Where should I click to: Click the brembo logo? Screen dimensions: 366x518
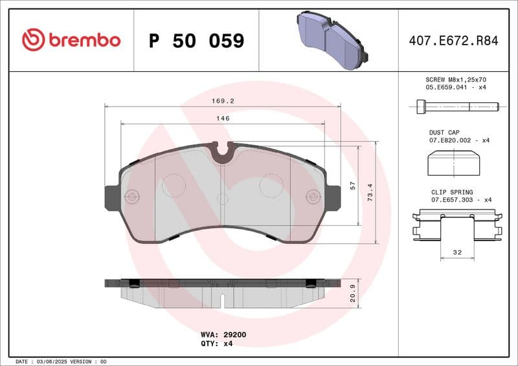(71, 40)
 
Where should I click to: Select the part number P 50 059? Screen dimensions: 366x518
(196, 41)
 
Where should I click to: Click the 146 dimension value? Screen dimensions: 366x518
(223, 118)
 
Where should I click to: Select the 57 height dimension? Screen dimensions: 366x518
(353, 185)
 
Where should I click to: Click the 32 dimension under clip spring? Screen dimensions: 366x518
(458, 253)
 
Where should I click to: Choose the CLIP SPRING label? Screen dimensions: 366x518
(452, 192)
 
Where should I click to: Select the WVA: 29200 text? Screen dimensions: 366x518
(223, 335)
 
